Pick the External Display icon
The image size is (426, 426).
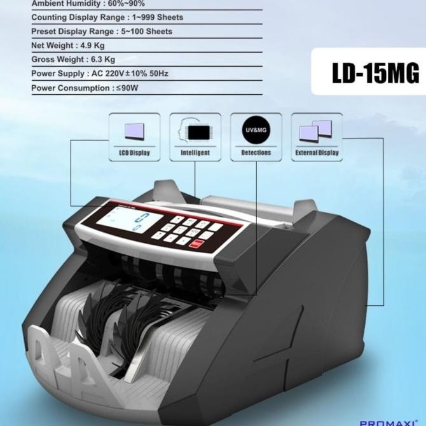click(316, 132)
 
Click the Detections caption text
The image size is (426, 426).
click(256, 153)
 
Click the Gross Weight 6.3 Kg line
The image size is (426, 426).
click(73, 59)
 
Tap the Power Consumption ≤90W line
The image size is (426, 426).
click(85, 88)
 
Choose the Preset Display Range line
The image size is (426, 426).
click(102, 31)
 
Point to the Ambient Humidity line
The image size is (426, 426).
click(88, 4)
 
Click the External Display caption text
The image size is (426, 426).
click(317, 153)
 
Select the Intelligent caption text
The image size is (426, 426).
click(195, 153)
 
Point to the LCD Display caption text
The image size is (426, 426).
click(134, 153)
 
